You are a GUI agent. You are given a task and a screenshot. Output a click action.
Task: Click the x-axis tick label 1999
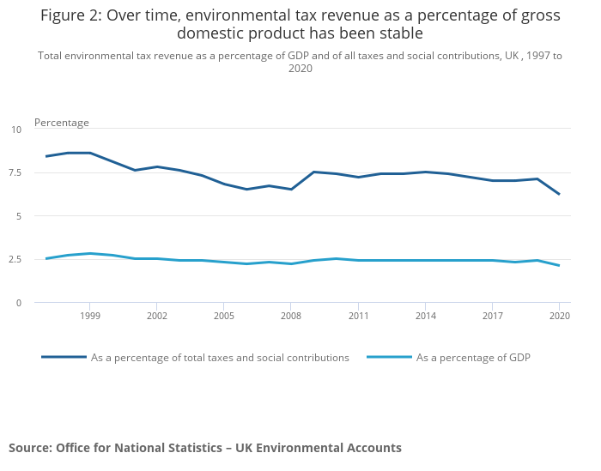(x=89, y=317)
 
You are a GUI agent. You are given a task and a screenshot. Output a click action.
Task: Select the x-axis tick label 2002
(x=156, y=317)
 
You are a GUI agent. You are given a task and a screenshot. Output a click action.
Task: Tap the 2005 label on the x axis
(x=223, y=317)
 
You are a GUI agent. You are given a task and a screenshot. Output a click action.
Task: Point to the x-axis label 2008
(x=290, y=317)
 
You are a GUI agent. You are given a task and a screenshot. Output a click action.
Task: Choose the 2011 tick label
(x=357, y=317)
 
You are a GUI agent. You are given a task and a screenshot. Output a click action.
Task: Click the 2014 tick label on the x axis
(x=424, y=317)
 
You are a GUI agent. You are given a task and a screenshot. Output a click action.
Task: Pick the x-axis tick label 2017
(x=491, y=317)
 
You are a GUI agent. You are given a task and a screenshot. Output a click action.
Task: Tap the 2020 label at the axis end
(x=558, y=317)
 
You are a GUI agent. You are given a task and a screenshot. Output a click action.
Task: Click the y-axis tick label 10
(x=16, y=130)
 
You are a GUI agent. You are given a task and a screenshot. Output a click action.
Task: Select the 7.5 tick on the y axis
(x=15, y=172)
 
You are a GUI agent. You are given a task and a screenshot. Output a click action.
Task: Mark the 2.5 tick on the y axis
(x=15, y=259)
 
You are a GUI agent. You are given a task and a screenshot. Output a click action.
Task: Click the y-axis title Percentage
(x=62, y=123)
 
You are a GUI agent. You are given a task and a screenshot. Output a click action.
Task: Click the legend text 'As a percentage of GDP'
(x=473, y=358)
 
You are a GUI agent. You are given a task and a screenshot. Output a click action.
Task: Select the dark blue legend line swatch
(x=64, y=357)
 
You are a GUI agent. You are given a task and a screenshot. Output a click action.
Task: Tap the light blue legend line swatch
(x=389, y=357)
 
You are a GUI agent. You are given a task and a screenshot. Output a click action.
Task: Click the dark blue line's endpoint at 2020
(x=559, y=194)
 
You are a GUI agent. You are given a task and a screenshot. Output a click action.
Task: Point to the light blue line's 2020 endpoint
(x=559, y=265)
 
